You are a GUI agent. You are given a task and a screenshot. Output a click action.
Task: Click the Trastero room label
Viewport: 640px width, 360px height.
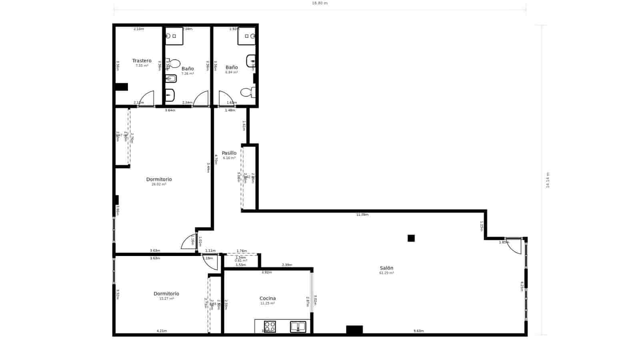click(x=142, y=61)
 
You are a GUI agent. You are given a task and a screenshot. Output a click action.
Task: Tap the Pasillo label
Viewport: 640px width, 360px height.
click(x=229, y=153)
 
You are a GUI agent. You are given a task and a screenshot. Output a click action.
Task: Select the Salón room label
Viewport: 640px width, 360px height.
click(x=386, y=268)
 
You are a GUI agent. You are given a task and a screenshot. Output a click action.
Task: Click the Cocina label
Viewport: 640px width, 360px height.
click(x=268, y=298)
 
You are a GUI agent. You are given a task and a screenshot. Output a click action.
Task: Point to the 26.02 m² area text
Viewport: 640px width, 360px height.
click(x=159, y=184)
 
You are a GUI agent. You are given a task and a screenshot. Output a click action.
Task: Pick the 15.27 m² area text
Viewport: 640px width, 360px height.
click(x=166, y=299)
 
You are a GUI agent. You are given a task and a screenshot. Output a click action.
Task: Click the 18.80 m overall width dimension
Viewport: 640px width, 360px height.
click(x=320, y=3)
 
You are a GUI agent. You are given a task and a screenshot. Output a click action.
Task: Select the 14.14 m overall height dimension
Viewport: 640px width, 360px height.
click(x=548, y=180)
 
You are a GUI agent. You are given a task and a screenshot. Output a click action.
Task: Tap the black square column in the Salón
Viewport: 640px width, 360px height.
click(x=411, y=238)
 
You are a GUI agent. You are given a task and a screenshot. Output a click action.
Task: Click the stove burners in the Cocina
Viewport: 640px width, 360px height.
click(x=270, y=326)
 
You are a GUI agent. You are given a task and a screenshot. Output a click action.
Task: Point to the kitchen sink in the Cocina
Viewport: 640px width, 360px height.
click(x=298, y=327)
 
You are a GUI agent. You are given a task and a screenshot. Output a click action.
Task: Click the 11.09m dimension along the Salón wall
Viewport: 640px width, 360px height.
click(x=362, y=215)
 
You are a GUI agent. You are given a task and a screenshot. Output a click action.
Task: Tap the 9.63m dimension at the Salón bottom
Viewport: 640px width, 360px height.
click(x=418, y=331)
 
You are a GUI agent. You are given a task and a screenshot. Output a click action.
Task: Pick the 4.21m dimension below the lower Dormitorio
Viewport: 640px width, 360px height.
click(x=162, y=331)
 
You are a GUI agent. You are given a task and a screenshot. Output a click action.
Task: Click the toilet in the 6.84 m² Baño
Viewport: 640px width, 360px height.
click(x=247, y=92)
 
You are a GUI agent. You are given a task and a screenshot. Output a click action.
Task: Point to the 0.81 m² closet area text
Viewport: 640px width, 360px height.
click(x=241, y=261)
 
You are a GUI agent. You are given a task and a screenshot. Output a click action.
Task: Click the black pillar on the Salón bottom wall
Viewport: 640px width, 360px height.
click(x=354, y=330)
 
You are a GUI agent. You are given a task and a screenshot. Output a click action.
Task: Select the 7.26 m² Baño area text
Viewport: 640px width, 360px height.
click(x=187, y=74)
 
